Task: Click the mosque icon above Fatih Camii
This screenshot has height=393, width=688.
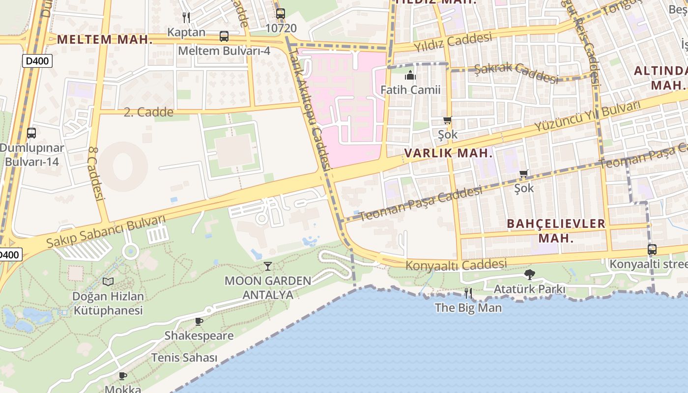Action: [410, 75]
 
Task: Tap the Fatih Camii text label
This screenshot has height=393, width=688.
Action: [410, 90]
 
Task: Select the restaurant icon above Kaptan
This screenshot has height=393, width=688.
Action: [186, 18]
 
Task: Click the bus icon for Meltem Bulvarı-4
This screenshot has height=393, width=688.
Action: [224, 36]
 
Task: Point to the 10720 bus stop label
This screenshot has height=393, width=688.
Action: [281, 28]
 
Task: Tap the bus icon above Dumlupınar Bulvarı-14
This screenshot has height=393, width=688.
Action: [31, 133]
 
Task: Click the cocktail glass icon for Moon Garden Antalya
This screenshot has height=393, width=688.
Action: [267, 266]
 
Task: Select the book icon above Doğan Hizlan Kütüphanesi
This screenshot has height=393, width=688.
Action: [108, 281]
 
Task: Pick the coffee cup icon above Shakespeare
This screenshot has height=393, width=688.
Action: [199, 322]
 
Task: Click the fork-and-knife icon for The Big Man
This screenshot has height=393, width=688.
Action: [468, 293]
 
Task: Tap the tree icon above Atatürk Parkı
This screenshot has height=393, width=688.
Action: [529, 275]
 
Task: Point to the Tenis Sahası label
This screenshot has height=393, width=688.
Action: [184, 358]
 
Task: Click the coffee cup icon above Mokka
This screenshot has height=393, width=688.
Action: [123, 376]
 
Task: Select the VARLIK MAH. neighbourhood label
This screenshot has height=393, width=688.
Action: [448, 153]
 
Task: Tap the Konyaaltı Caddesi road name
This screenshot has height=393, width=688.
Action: [456, 265]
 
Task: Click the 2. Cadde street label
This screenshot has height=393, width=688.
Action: [148, 112]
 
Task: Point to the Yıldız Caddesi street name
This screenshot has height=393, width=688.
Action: [452, 42]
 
